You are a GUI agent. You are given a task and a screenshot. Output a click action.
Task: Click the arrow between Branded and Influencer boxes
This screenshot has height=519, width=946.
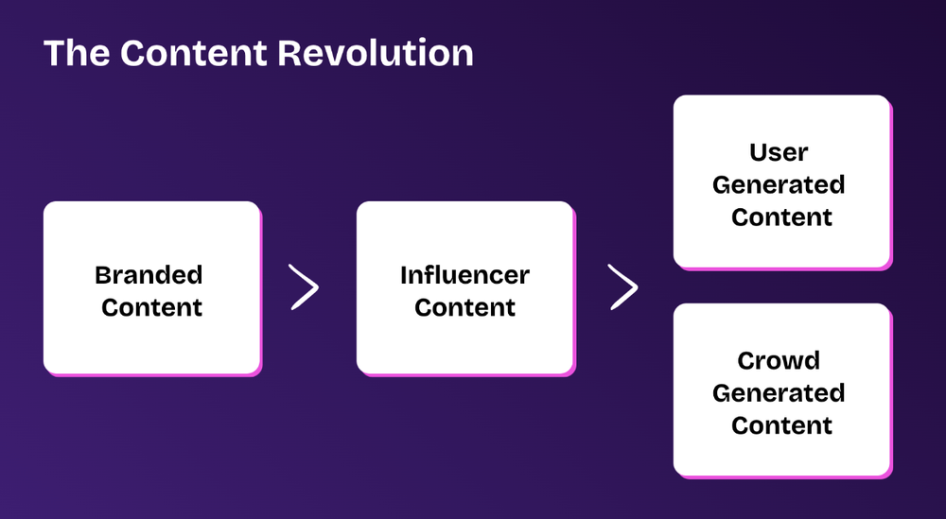point(305,287)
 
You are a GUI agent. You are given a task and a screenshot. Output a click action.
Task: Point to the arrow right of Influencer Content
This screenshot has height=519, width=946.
point(623,287)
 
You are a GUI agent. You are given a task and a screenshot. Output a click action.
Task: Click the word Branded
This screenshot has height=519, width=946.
point(149,275)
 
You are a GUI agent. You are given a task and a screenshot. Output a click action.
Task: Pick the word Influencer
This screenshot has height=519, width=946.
point(464,275)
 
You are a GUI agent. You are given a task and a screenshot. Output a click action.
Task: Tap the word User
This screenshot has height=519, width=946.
point(780,152)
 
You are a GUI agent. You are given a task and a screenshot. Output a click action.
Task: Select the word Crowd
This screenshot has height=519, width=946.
point(780,360)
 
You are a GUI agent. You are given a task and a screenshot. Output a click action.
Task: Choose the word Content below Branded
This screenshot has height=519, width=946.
point(151,307)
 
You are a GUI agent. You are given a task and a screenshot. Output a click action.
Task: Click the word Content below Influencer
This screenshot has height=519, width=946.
point(464,307)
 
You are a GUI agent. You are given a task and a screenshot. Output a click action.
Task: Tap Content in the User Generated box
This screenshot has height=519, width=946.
point(781,216)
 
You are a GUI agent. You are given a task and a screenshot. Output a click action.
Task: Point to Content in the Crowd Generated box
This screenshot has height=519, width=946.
point(781,424)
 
